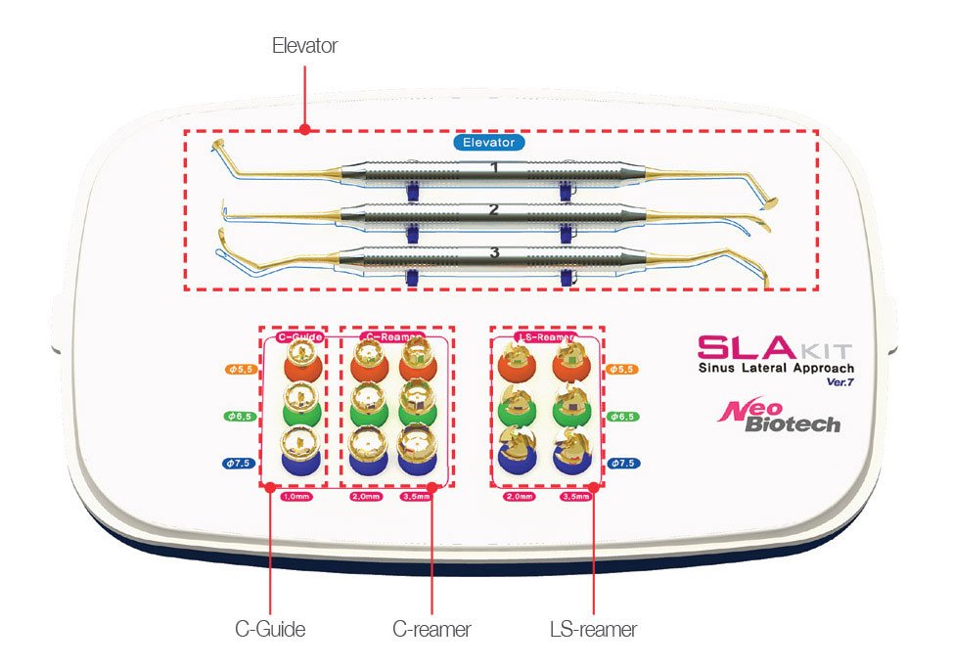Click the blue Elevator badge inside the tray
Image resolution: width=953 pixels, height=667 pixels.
489,142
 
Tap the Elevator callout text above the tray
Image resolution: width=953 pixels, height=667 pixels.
304,46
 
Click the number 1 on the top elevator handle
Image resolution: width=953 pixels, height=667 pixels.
494,168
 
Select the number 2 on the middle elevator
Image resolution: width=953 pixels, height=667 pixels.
494,209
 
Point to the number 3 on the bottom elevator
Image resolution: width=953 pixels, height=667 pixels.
494,252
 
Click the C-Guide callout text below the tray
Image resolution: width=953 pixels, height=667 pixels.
270,630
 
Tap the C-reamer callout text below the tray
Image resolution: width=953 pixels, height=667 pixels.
431,630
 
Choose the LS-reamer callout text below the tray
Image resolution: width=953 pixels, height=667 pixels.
593,630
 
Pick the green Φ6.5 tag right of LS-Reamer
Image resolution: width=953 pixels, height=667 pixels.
623,417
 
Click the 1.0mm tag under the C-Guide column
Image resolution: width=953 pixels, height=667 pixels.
294,497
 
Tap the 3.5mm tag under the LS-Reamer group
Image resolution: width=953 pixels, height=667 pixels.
575,497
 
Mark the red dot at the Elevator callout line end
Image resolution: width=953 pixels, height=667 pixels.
304,128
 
